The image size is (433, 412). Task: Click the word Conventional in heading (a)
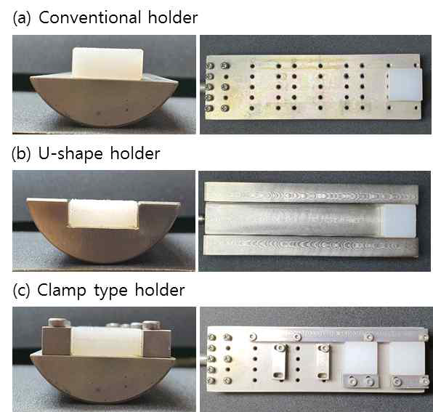click(x=90, y=17)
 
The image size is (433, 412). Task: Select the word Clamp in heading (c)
click(x=61, y=290)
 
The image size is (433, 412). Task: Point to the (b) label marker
click(x=21, y=154)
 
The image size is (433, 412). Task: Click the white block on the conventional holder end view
click(x=108, y=64)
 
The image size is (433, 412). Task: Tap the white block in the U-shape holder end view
click(x=103, y=213)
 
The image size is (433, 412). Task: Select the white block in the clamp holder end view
click(x=107, y=342)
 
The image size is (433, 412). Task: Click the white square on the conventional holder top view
click(x=405, y=84)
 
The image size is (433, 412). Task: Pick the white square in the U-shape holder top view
click(x=397, y=221)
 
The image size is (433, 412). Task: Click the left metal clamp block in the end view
click(x=57, y=341)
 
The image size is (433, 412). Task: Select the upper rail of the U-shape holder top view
click(x=311, y=193)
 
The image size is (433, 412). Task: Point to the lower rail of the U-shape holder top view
click(x=311, y=246)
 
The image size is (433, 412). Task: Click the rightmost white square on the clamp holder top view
click(x=407, y=359)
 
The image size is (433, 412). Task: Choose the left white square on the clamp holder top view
click(x=360, y=358)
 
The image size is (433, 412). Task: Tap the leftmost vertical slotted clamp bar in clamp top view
click(x=280, y=362)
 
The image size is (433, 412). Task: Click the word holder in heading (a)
click(x=173, y=17)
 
